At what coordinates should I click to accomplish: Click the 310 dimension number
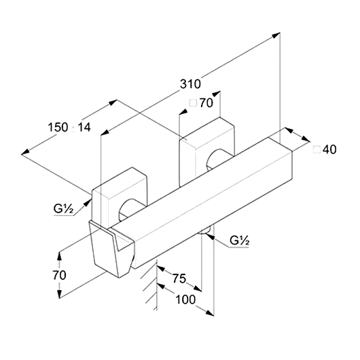[x=190, y=84]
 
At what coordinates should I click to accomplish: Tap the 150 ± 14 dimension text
[x=69, y=127]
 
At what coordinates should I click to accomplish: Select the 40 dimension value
[x=329, y=149]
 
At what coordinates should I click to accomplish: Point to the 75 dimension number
[x=179, y=278]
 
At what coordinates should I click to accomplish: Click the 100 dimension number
[x=185, y=300]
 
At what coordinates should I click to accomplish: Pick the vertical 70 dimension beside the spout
[x=60, y=275]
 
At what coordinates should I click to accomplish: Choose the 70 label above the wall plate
[x=206, y=103]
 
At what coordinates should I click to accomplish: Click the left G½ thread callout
[x=63, y=209]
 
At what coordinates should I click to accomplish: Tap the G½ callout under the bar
[x=240, y=241]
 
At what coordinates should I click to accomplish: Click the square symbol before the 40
[x=317, y=149]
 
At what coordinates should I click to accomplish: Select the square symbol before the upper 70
[x=194, y=103]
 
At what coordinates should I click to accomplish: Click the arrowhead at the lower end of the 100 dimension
[x=210, y=312]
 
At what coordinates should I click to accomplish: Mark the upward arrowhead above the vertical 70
[x=60, y=257]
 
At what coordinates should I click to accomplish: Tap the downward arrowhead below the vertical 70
[x=60, y=294]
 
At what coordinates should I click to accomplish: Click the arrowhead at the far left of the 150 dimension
[x=25, y=152]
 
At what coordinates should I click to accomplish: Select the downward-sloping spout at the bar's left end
[x=111, y=249]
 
